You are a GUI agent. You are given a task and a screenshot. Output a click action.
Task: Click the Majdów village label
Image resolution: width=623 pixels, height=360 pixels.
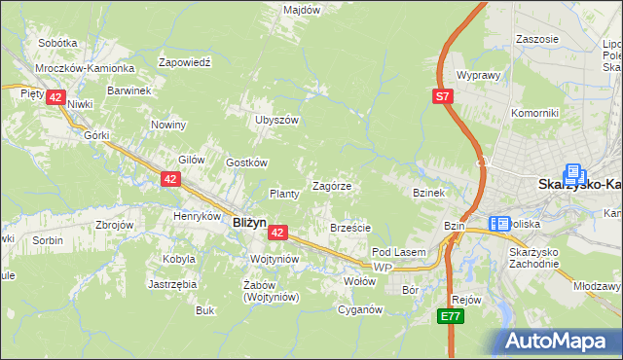[x=302, y=9]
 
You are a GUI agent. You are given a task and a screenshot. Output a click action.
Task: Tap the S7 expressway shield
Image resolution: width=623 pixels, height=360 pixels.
[x=443, y=95]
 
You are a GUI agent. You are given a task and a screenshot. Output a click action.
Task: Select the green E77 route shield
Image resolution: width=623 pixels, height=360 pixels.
[x=449, y=317]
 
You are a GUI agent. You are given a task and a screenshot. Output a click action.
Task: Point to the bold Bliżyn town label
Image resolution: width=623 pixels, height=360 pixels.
[x=250, y=222]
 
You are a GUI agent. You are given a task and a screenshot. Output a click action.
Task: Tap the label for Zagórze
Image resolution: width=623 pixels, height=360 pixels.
[x=331, y=186]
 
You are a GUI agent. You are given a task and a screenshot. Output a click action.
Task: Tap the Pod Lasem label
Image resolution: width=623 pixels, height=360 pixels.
[x=399, y=252]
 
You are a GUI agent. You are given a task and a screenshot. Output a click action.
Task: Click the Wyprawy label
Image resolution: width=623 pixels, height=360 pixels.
[x=478, y=75]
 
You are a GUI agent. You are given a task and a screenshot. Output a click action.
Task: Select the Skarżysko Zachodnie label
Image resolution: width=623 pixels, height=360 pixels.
[x=533, y=258]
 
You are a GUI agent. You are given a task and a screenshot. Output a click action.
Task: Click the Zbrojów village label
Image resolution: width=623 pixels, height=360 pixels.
[x=115, y=225]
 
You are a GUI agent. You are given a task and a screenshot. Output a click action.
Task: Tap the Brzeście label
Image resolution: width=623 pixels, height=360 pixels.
[x=350, y=228]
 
